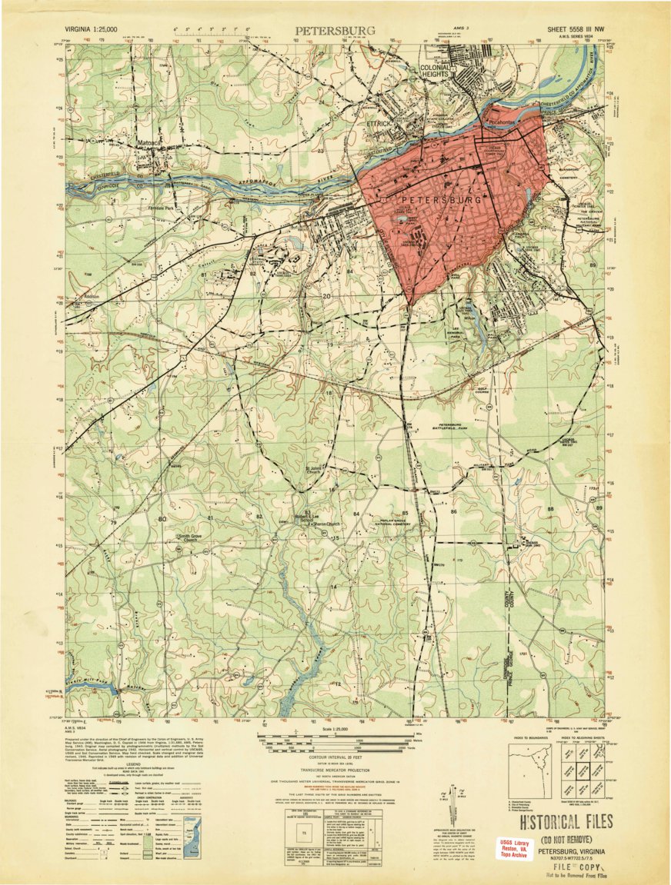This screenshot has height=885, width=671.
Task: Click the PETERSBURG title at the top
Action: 335,31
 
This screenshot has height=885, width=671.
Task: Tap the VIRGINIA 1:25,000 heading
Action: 92,29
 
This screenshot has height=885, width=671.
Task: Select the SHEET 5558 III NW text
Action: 576,29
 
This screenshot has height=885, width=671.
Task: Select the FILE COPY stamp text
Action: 569,865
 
